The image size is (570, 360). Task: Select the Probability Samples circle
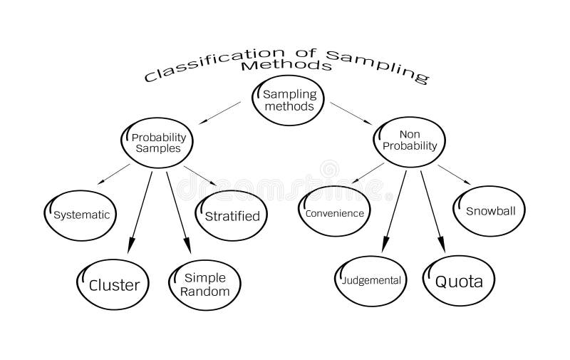click(x=157, y=143)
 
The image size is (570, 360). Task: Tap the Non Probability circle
click(x=410, y=142)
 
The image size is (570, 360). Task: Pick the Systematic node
click(x=81, y=215)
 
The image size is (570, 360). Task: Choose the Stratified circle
click(x=232, y=215)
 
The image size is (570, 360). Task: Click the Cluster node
click(x=113, y=284)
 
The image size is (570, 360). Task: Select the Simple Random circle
click(x=205, y=284)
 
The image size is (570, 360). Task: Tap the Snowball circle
click(x=489, y=211)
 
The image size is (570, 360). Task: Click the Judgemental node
click(x=370, y=281)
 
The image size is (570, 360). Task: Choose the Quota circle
click(x=459, y=281)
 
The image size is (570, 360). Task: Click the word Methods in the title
click(x=286, y=66)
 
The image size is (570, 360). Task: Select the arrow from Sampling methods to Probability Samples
click(x=219, y=113)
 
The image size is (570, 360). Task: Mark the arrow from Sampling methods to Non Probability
click(x=351, y=113)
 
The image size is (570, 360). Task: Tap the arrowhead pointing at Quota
click(x=441, y=244)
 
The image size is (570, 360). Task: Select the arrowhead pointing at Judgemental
click(x=385, y=244)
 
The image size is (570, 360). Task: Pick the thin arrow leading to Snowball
click(x=454, y=175)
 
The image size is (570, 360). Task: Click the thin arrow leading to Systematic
click(x=113, y=174)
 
